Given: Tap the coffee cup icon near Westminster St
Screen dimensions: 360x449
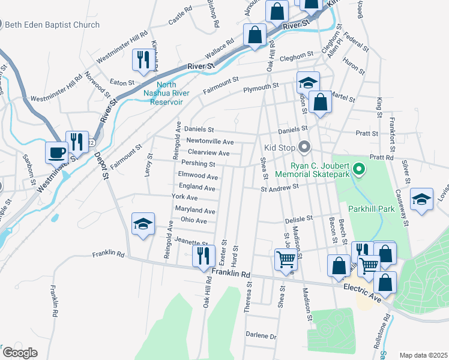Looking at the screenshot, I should (58, 152).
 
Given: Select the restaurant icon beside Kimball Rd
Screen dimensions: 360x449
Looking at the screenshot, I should (143, 59).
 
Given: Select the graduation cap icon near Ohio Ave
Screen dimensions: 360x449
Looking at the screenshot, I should (143, 224).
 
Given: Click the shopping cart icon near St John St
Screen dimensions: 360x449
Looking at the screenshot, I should (286, 259).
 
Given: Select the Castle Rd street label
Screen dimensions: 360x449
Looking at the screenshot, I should (180, 16).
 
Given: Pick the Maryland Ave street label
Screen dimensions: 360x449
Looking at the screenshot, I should (194, 211).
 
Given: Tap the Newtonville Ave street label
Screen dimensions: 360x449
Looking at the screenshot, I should (210, 142).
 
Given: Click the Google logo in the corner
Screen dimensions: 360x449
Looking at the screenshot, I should (20, 353).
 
